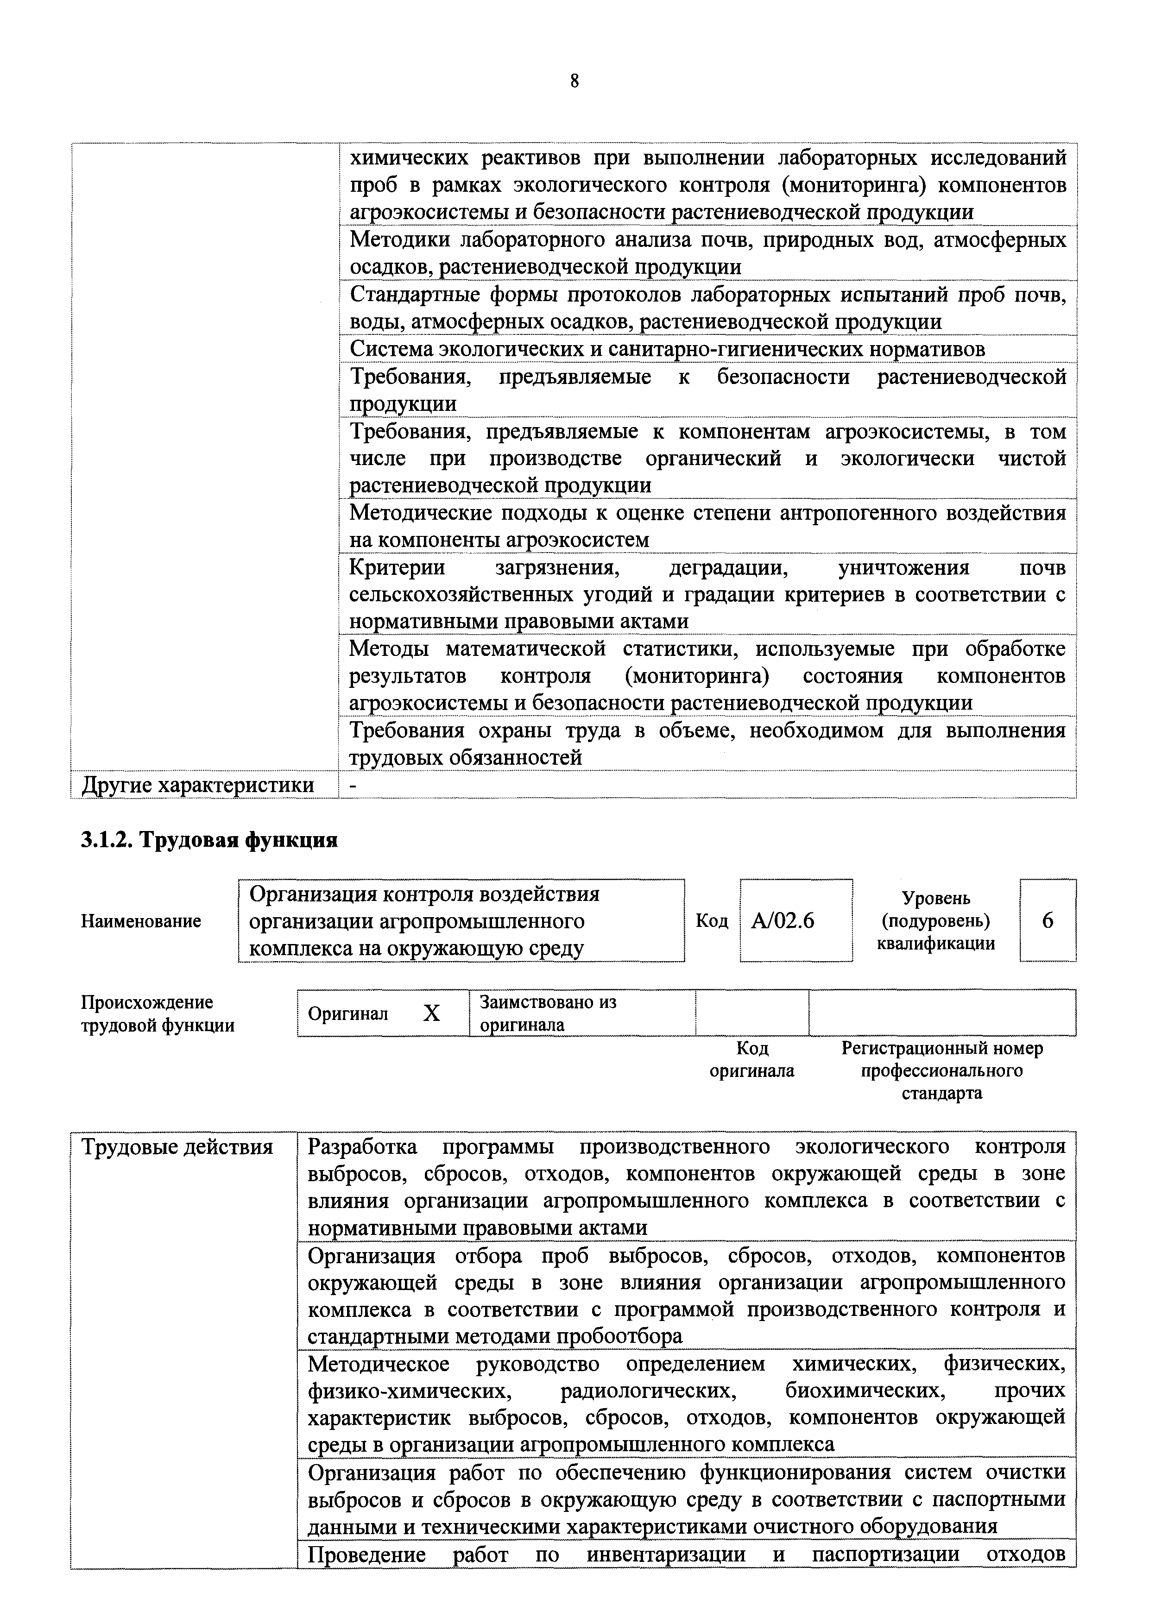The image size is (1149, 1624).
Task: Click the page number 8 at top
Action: click(x=574, y=82)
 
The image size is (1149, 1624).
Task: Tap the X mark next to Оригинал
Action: click(x=431, y=1013)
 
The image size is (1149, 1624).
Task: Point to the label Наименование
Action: click(x=141, y=921)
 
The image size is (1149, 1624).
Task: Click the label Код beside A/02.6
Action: click(x=711, y=920)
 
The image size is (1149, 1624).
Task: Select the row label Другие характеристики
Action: click(x=198, y=785)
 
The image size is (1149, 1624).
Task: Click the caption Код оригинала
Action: click(x=751, y=1059)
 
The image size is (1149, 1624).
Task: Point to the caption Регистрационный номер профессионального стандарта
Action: click(x=942, y=1070)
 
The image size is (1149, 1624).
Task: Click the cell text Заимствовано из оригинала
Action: click(x=548, y=1013)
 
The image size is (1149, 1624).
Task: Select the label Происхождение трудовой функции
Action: click(x=157, y=1013)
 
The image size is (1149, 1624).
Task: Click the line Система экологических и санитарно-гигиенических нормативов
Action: click(x=667, y=349)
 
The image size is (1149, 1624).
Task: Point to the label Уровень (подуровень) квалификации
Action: click(x=935, y=920)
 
